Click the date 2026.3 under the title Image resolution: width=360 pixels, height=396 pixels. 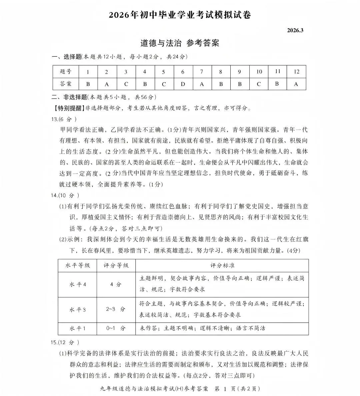point(295,30)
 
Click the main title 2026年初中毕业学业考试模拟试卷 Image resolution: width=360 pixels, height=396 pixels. point(180,15)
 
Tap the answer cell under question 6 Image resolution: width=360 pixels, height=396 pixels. point(183,84)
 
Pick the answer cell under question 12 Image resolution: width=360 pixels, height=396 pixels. point(296,84)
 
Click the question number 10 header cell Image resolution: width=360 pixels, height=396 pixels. point(259,72)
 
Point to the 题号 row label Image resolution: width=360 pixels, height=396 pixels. point(66,72)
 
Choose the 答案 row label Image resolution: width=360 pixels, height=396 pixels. point(66,84)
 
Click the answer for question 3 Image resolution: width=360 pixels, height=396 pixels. point(126,84)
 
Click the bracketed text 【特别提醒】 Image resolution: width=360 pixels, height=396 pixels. point(68,108)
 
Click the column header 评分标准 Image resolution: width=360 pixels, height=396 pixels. point(222,265)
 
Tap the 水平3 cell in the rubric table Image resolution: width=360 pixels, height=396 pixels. point(77,309)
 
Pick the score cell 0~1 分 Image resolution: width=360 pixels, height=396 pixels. point(116,328)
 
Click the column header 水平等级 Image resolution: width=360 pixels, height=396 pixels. point(77,265)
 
